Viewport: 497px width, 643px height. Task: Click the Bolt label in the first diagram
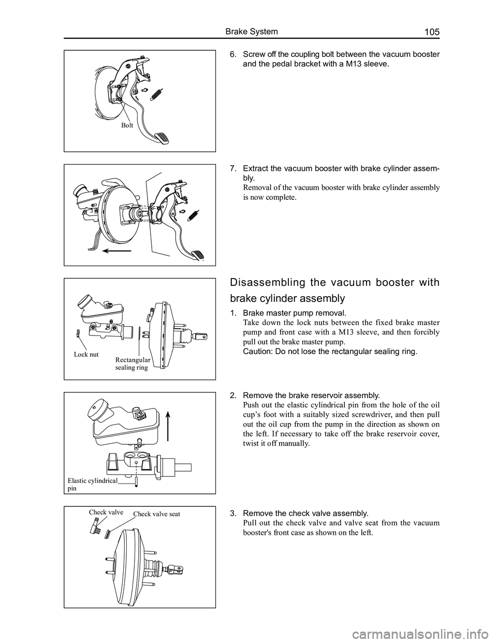127,125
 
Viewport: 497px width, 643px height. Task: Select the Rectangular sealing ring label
133,363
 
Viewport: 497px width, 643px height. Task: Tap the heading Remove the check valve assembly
305,513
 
